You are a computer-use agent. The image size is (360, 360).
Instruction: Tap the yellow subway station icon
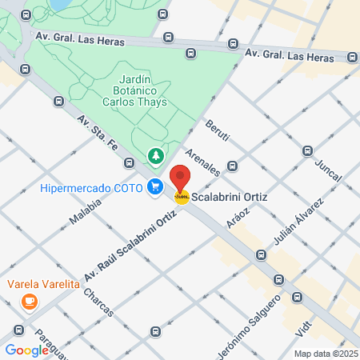point(182,197)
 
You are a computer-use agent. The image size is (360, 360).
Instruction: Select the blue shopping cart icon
point(155,188)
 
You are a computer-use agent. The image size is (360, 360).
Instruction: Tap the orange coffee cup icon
point(30,302)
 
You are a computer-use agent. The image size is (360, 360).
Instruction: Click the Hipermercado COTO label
point(92,189)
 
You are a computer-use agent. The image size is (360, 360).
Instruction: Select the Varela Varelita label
point(44,284)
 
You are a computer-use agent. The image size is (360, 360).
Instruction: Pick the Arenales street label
point(202,162)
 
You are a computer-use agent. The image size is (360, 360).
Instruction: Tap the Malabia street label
point(85,213)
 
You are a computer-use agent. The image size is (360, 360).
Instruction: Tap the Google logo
point(27,350)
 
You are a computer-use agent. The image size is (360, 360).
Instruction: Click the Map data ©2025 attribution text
point(326,353)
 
